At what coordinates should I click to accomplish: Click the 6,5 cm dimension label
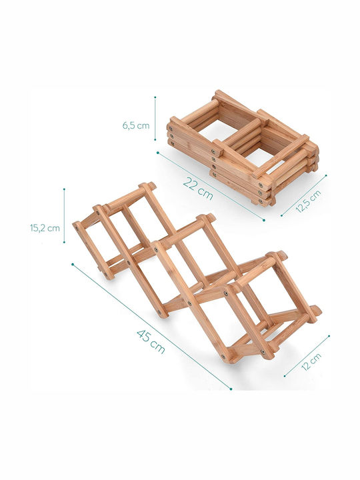(136, 125)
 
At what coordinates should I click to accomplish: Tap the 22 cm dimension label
(198, 188)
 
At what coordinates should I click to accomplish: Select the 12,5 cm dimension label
(309, 201)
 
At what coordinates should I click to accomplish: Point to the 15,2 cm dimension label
(45, 228)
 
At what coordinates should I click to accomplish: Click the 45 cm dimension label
(151, 341)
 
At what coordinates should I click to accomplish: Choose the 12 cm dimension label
(311, 361)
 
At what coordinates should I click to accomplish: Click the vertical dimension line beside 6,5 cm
(155, 119)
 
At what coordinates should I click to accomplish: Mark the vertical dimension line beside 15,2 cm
(64, 215)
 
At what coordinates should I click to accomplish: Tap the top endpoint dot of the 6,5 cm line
(155, 97)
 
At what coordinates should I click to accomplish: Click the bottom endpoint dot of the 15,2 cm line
(64, 243)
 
